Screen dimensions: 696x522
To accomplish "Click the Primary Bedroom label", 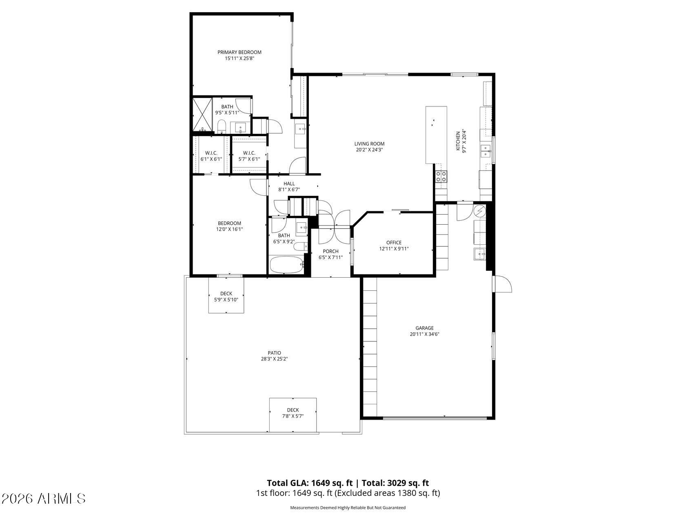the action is [x=239, y=52].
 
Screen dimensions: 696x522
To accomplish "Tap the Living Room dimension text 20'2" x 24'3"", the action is [x=369, y=150].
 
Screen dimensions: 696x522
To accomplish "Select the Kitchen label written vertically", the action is [x=458, y=142].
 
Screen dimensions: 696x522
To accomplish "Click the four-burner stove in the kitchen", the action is [x=441, y=176].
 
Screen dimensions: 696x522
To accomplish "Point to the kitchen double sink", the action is [x=485, y=151].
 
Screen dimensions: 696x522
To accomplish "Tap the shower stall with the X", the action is [x=202, y=115].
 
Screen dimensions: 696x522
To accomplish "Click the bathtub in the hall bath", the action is [x=286, y=265].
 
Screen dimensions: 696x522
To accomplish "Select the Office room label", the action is [x=394, y=243].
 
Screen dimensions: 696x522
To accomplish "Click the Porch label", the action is [x=330, y=251].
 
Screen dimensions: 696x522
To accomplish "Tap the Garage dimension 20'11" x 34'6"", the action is [x=424, y=334].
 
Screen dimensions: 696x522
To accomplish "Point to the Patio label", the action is [x=274, y=353].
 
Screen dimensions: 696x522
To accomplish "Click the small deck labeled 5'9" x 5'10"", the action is [x=226, y=295].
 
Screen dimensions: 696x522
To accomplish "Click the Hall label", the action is [x=289, y=184].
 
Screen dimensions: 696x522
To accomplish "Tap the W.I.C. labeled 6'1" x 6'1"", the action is [x=211, y=156].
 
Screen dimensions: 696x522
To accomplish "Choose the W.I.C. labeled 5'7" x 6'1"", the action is [x=249, y=156].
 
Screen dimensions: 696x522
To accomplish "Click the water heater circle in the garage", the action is [x=480, y=211].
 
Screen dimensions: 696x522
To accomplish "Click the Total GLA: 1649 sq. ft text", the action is [x=310, y=483].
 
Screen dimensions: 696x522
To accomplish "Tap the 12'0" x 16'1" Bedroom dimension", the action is [x=229, y=229].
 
